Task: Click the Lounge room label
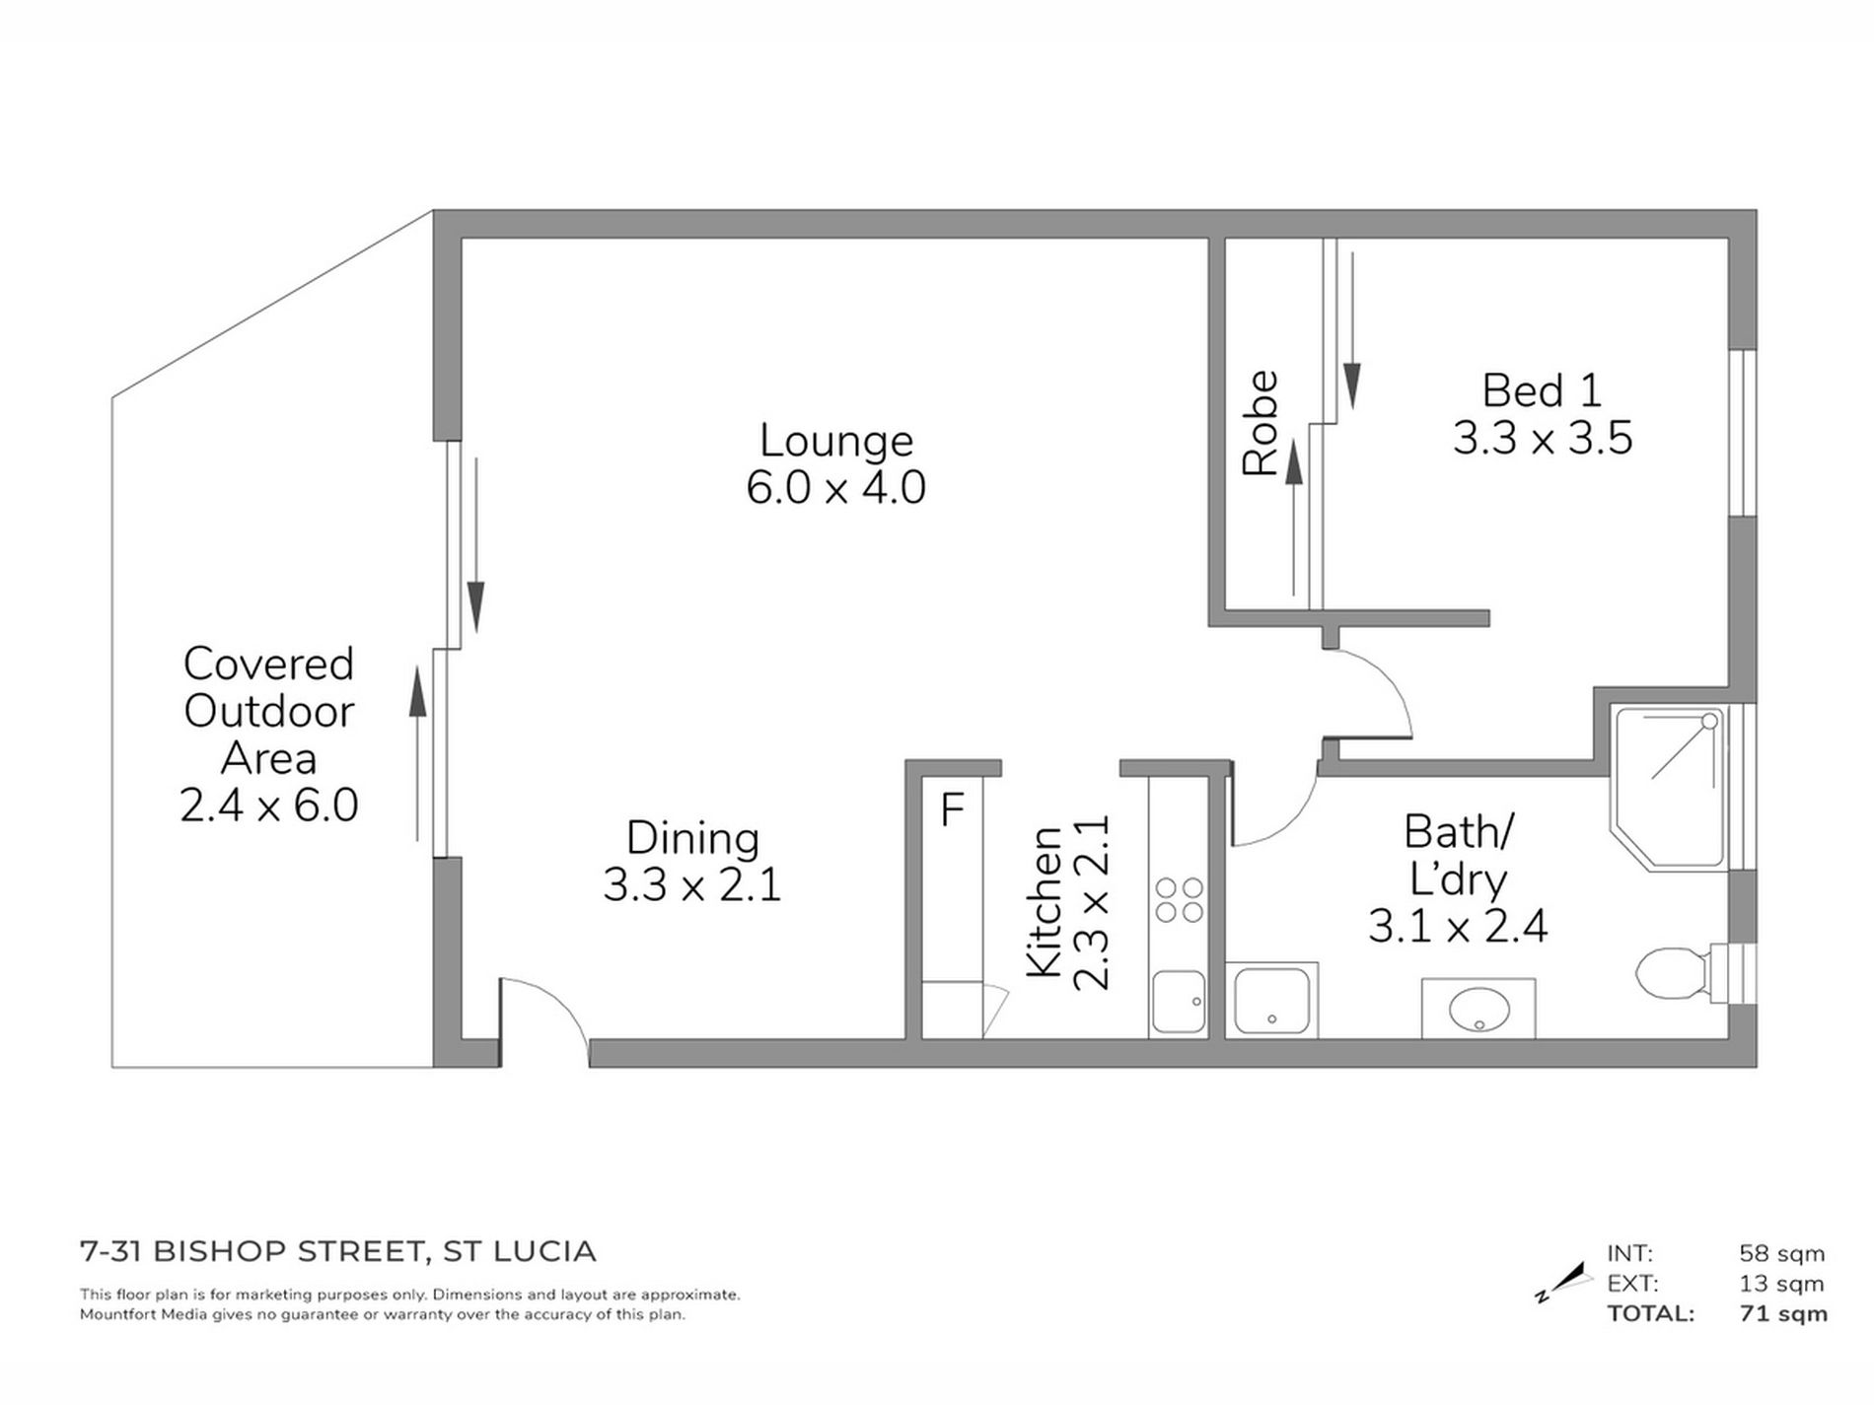835,441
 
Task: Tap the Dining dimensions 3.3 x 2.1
692,884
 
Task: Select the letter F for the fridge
952,809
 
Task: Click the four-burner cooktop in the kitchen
1179,899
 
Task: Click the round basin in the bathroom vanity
1478,1010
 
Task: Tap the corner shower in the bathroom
1667,784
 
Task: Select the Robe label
1261,423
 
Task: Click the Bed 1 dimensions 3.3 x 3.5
1543,438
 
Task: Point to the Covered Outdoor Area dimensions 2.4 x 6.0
268,806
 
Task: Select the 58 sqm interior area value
1781,1253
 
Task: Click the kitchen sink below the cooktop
1178,1002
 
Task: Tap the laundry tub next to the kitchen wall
1271,1002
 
